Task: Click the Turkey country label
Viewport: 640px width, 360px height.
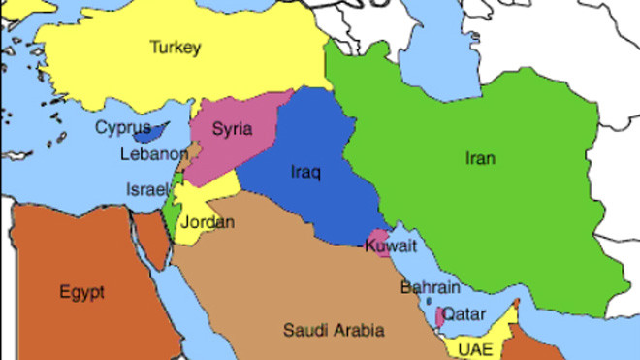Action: [175, 47]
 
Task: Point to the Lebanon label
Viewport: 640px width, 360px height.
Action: [153, 154]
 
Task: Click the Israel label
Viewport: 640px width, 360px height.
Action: [146, 190]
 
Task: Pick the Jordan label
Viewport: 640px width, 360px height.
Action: [208, 222]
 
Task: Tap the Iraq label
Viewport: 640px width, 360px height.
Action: [304, 173]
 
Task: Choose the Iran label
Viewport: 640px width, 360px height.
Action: [479, 158]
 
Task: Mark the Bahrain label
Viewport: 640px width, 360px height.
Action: [430, 287]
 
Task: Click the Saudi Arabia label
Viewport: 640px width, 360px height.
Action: [333, 330]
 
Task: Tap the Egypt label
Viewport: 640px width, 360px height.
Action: [81, 291]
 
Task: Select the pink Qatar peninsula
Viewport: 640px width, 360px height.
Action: [441, 315]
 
